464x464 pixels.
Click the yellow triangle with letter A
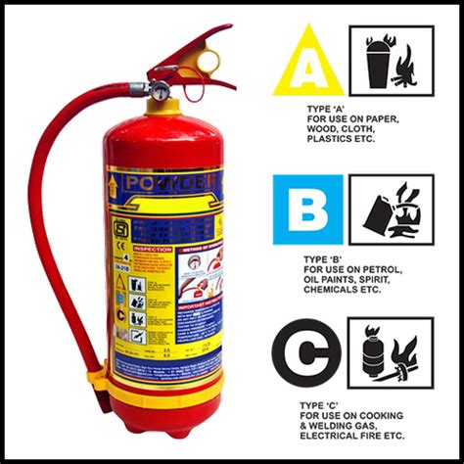307,64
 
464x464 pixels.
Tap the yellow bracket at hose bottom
96,377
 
